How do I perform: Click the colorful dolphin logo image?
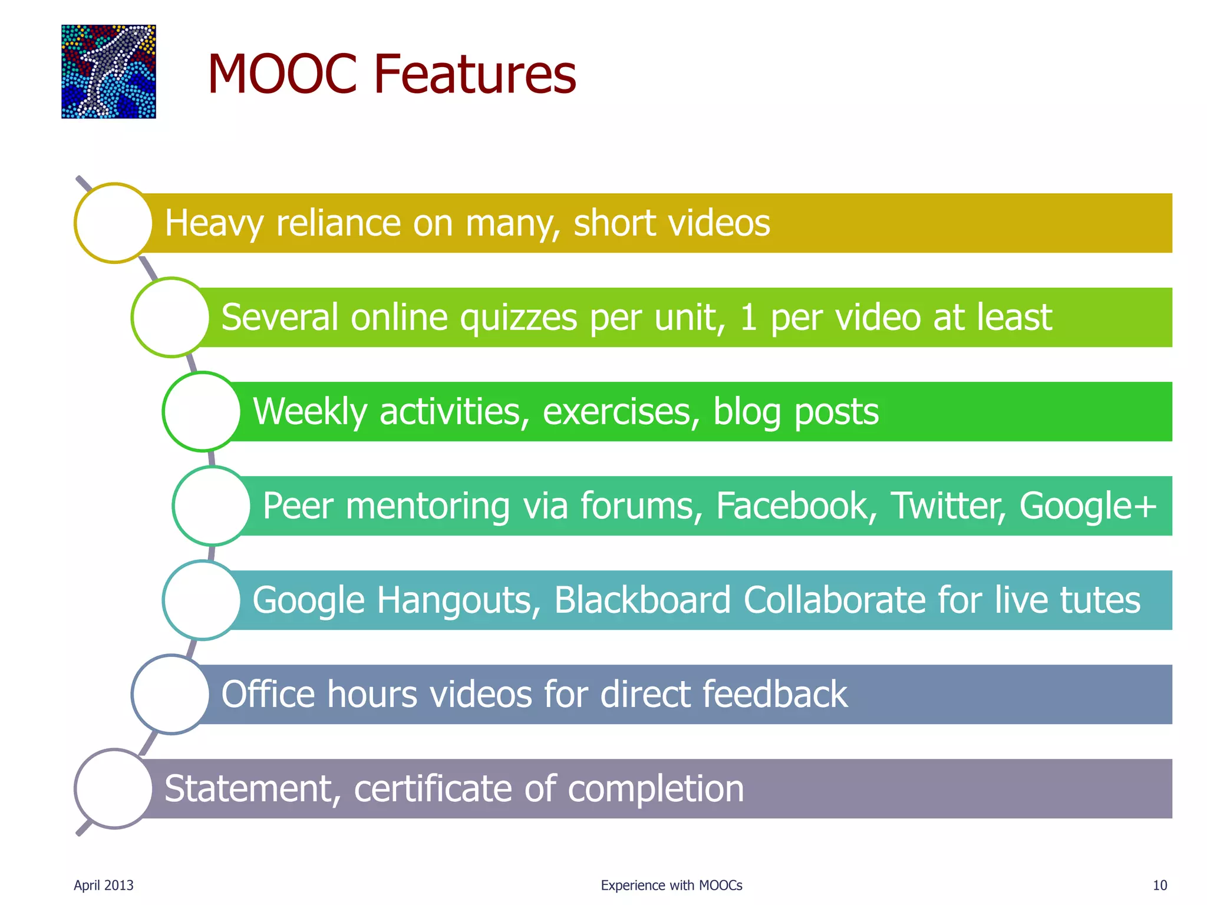[x=108, y=71]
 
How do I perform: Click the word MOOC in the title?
[x=282, y=74]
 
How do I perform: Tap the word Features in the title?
[x=474, y=74]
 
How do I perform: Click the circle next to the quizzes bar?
[x=171, y=317]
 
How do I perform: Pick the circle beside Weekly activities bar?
[x=202, y=411]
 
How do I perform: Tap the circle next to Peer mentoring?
[x=212, y=506]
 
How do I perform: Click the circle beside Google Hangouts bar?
[x=202, y=600]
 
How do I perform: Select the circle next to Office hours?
[x=171, y=694]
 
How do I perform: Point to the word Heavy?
[x=214, y=224]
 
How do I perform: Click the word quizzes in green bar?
[x=518, y=318]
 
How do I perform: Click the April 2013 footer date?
[x=104, y=885]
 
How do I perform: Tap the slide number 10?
[x=1159, y=885]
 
